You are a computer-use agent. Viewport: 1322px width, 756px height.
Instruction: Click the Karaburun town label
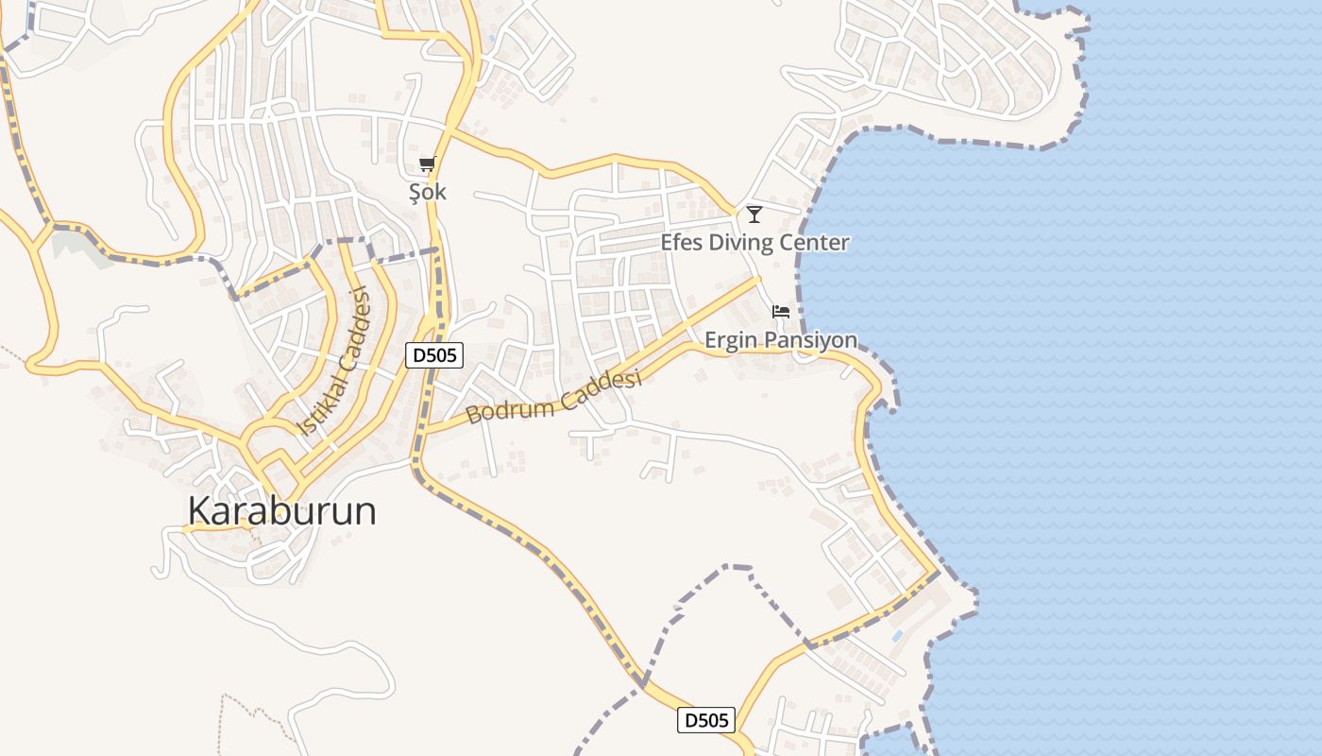(281, 511)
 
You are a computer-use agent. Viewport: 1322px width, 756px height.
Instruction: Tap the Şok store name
(427, 192)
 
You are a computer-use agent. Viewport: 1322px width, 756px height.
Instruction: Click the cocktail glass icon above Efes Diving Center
(754, 215)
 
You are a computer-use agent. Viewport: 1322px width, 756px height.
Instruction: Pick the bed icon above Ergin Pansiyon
(781, 311)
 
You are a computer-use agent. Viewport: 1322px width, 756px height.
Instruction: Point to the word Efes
(680, 243)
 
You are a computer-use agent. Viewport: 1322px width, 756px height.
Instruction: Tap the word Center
(819, 243)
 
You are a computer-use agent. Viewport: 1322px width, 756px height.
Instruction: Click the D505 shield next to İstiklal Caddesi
(435, 355)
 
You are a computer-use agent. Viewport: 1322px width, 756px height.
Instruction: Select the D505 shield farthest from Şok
(705, 720)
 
